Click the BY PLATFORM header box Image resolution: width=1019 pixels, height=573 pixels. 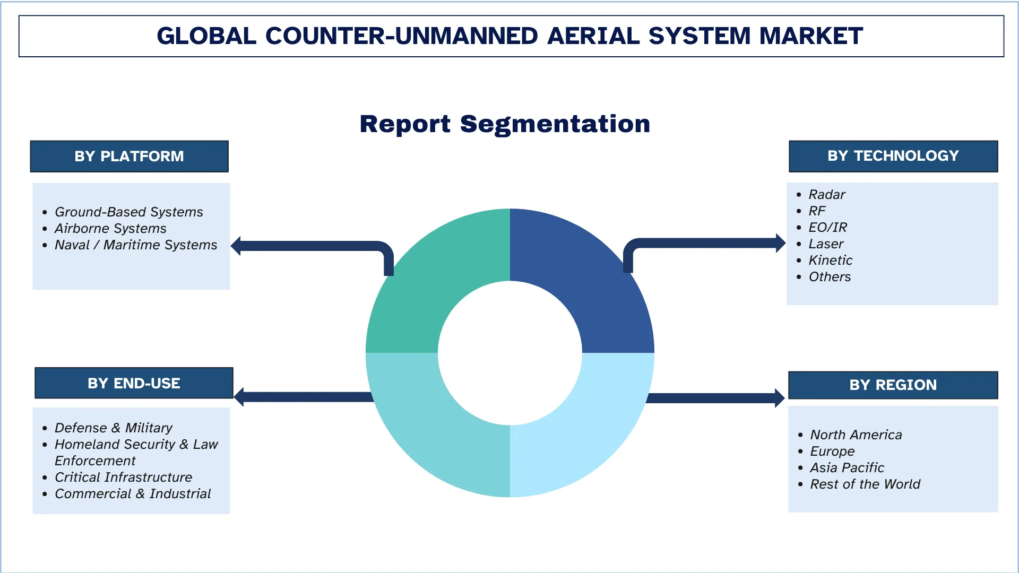pyautogui.click(x=129, y=157)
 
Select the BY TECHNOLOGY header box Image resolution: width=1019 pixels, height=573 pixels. pyautogui.click(x=893, y=156)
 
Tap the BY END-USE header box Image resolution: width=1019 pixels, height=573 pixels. pyautogui.click(x=134, y=383)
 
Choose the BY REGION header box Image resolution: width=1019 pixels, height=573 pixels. pyautogui.click(x=893, y=385)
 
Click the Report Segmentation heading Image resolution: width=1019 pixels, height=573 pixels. pyautogui.click(x=505, y=124)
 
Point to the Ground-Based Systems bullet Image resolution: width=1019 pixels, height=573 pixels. pyautogui.click(x=128, y=212)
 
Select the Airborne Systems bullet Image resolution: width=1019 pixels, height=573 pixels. pyautogui.click(x=110, y=229)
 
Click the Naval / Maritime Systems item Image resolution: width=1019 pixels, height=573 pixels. pyautogui.click(x=136, y=245)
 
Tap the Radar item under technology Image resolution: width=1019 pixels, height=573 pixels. pyautogui.click(x=826, y=195)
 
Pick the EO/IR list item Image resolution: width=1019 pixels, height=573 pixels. pyautogui.click(x=827, y=228)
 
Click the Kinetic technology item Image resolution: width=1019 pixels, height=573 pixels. pyautogui.click(x=830, y=261)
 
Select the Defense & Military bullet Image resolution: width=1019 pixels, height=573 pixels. pyautogui.click(x=113, y=428)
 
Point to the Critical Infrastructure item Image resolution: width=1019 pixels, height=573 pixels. pyautogui.click(x=123, y=477)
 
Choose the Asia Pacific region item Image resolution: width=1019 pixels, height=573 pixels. pyautogui.click(x=847, y=468)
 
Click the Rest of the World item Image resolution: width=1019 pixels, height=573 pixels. pyautogui.click(x=865, y=484)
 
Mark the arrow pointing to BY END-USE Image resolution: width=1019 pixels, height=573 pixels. pyautogui.click(x=303, y=397)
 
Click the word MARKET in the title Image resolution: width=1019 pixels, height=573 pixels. pyautogui.click(x=811, y=36)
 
